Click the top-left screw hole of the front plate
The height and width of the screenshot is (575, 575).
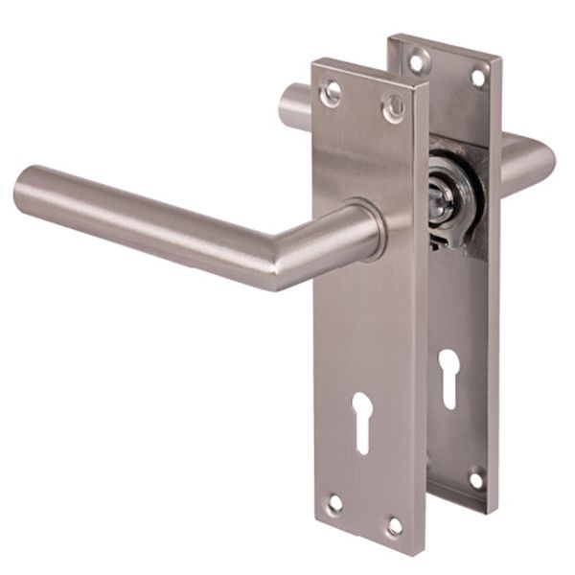click(333, 93)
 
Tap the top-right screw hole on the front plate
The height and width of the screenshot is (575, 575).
click(392, 108)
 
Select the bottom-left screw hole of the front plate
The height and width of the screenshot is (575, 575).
click(334, 502)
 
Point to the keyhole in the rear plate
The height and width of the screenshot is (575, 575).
click(448, 377)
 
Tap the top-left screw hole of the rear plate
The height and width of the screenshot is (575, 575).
click(416, 61)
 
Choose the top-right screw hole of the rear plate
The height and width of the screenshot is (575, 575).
click(476, 77)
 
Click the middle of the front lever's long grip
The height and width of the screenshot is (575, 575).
click(144, 216)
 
